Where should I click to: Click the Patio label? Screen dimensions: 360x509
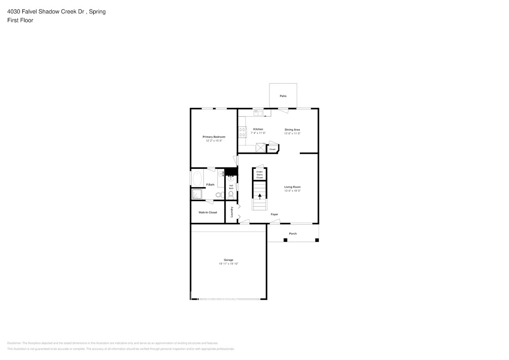click(283, 96)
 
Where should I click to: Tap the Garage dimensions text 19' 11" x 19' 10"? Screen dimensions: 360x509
click(228, 264)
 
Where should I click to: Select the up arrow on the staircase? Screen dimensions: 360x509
click(260, 196)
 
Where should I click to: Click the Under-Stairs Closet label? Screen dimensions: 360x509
click(259, 174)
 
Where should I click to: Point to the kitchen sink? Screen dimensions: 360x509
click(257, 112)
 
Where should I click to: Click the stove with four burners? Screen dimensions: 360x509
click(242, 132)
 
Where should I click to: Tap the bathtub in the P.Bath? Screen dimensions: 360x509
click(197, 178)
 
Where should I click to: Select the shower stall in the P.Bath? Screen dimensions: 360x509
click(197, 194)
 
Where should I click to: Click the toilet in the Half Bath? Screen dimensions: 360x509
click(231, 195)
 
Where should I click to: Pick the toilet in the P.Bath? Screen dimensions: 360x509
click(219, 195)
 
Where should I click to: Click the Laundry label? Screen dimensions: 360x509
click(232, 212)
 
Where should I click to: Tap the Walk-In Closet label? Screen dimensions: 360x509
click(208, 212)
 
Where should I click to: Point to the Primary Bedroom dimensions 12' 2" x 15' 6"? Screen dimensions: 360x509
click(214, 141)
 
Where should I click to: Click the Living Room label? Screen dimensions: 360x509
click(292, 187)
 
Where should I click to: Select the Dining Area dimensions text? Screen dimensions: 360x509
click(292, 134)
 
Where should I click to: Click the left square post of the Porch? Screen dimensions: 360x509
click(285, 240)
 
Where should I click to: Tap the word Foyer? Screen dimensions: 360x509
click(274, 214)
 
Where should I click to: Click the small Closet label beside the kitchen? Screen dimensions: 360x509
click(272, 149)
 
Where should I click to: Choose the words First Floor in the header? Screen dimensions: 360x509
click(20, 20)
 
